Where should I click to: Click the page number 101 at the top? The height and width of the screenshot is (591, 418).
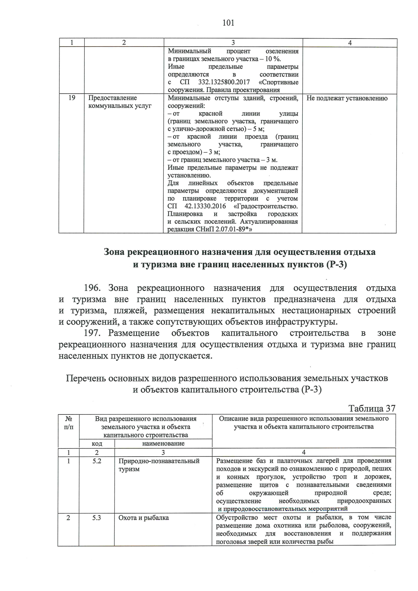[x=228, y=23]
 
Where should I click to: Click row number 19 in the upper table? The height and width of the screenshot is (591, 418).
[x=71, y=98]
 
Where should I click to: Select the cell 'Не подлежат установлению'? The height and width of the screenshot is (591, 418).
[x=347, y=98]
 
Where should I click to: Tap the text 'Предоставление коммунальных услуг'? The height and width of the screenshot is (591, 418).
[x=120, y=102]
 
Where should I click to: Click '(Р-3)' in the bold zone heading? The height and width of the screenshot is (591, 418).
[x=337, y=265]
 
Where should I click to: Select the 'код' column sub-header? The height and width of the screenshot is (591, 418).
[x=97, y=443]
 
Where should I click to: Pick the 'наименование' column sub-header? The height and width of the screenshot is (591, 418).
[x=163, y=443]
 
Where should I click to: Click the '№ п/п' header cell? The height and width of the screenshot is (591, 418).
[x=69, y=422]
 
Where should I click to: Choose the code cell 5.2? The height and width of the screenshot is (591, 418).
[x=96, y=461]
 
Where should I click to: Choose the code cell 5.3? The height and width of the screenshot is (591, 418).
[x=96, y=518]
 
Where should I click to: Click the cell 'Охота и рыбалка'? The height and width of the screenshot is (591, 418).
[x=144, y=518]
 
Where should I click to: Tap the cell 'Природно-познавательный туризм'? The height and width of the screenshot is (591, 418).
[x=159, y=465]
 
